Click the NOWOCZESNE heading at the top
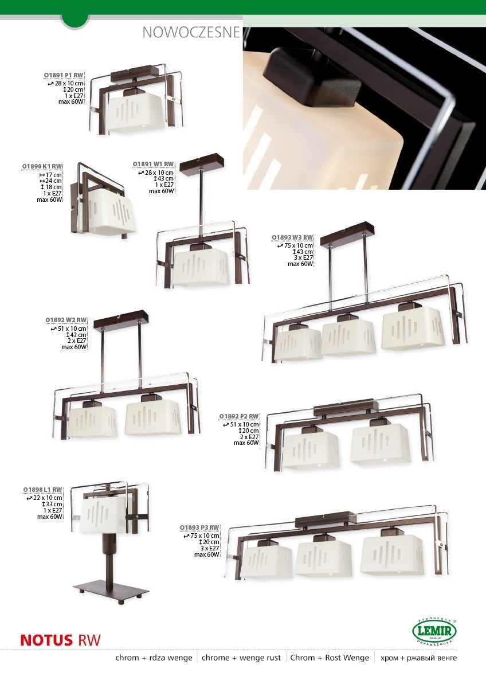(x=191, y=33)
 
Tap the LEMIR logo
(x=434, y=631)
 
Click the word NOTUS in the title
(x=46, y=640)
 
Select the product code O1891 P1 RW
(x=64, y=75)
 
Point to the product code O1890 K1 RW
(x=42, y=166)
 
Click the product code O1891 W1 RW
(x=153, y=165)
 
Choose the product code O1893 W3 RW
(x=292, y=237)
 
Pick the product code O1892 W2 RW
(x=66, y=320)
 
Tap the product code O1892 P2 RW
(x=239, y=416)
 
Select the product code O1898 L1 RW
(x=42, y=490)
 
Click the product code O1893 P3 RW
(x=199, y=527)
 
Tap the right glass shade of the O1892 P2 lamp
(x=381, y=444)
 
